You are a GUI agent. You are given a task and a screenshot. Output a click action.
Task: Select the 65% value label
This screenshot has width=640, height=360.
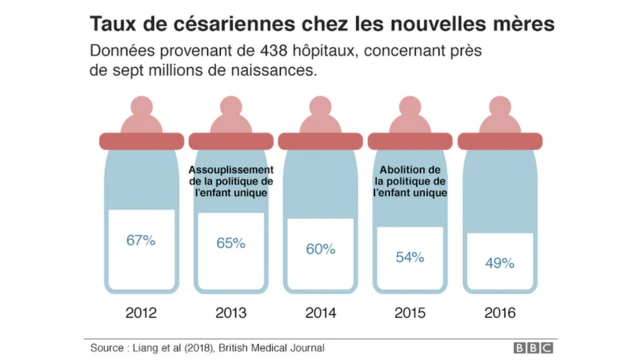click(x=230, y=243)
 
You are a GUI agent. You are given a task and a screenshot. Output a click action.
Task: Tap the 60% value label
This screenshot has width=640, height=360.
click(x=320, y=249)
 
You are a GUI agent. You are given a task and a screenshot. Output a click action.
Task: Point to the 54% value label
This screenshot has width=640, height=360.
click(x=410, y=257)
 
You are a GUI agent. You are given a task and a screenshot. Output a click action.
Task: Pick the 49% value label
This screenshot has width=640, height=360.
click(x=500, y=263)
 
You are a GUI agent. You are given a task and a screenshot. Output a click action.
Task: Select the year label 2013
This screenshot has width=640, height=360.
click(x=230, y=313)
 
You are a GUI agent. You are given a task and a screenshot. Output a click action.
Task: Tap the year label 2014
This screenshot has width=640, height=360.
click(x=320, y=313)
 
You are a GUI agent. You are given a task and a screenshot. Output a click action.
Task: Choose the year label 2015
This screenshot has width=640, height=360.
click(x=410, y=313)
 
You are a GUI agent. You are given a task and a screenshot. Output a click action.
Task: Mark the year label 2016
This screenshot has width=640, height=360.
click(x=500, y=313)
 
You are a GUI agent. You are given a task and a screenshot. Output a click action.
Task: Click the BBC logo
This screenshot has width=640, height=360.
click(x=533, y=348)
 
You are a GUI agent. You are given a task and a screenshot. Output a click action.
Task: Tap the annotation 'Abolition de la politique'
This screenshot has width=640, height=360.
click(x=410, y=181)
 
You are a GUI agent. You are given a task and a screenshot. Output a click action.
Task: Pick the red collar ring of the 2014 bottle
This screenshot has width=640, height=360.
click(x=320, y=140)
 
